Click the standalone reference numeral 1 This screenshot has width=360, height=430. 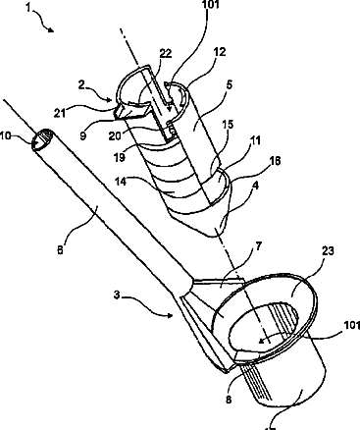[x=28, y=8]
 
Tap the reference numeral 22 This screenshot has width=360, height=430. [x=166, y=53]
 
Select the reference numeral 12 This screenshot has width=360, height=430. [x=220, y=52]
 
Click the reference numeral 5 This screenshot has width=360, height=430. [x=229, y=84]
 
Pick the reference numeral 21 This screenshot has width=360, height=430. [x=60, y=113]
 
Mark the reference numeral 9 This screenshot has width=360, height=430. [x=83, y=134]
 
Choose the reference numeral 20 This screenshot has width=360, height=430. [x=115, y=135]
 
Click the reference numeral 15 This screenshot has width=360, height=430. [x=228, y=125]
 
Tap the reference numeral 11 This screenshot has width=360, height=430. [x=255, y=140]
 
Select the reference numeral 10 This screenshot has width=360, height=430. [x=6, y=135]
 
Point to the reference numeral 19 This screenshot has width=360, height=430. [x=120, y=157]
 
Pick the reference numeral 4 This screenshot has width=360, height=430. [x=256, y=186]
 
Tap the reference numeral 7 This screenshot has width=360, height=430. [x=258, y=246]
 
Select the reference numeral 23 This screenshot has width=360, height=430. [x=328, y=251]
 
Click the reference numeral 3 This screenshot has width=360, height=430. [x=117, y=296]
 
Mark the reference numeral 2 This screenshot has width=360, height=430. [x=81, y=85]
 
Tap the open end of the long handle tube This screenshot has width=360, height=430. [x=43, y=139]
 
